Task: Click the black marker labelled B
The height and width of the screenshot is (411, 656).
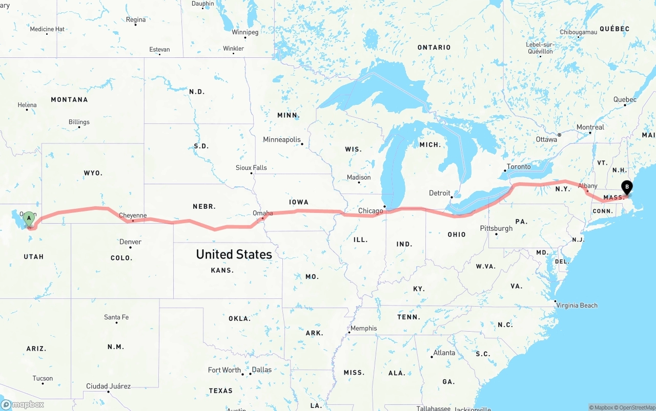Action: click(x=627, y=187)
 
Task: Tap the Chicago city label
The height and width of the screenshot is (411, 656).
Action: click(x=371, y=211)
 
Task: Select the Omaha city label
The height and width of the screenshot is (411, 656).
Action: click(x=263, y=213)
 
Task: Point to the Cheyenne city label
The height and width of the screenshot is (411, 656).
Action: click(x=133, y=215)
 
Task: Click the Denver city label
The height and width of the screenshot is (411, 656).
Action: click(x=130, y=242)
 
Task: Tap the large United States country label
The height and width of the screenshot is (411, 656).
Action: click(x=234, y=254)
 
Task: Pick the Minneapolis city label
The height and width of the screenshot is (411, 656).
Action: click(x=282, y=140)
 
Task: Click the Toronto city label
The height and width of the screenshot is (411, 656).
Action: click(x=519, y=167)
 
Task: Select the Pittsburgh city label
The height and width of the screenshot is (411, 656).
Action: click(x=496, y=228)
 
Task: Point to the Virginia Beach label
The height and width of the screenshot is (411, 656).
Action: click(x=577, y=306)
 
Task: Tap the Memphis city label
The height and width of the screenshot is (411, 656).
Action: click(x=363, y=328)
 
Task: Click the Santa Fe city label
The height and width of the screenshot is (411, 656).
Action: click(x=116, y=317)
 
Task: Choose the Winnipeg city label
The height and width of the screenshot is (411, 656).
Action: click(x=245, y=32)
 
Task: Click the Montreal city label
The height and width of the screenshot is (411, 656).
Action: click(x=590, y=127)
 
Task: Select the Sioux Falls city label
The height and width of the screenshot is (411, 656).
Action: click(x=251, y=167)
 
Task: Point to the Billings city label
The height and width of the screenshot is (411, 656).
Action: click(x=79, y=122)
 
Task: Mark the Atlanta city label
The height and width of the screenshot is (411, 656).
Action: click(x=444, y=353)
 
